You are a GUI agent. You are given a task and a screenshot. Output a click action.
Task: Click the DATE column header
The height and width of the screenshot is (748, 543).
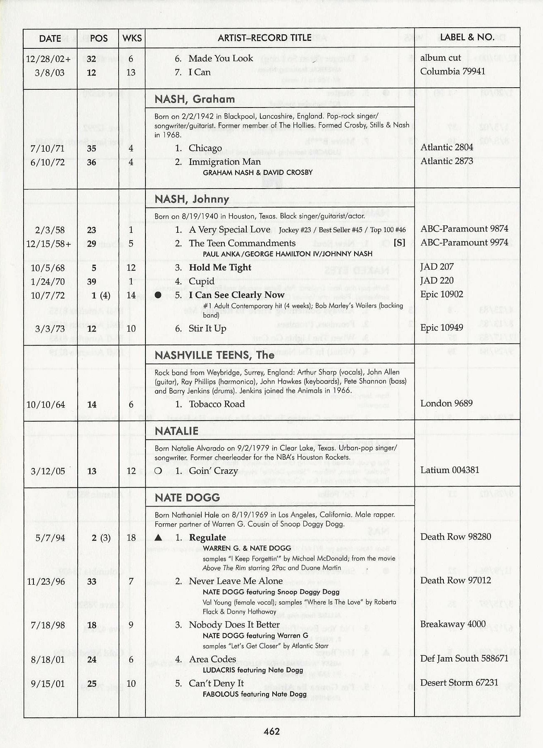50,38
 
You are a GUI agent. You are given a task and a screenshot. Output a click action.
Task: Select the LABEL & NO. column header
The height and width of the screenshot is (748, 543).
467,37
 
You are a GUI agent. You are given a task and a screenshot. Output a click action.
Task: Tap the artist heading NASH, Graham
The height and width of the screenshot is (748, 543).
195,99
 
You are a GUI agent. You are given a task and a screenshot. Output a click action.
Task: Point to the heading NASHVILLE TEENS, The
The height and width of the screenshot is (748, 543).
214,355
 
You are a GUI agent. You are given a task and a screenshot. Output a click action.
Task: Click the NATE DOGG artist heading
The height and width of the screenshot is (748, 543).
187,497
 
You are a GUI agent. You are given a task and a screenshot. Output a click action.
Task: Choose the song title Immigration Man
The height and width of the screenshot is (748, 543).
224,162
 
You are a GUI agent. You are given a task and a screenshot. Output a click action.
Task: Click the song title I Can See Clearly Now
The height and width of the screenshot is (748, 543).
236,295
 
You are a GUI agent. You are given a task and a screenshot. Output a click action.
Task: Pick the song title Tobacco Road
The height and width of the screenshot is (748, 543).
217,404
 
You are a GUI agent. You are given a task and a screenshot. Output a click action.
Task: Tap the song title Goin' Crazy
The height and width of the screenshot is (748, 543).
213,471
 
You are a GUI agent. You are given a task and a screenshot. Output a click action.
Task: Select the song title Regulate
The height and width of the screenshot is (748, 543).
207,538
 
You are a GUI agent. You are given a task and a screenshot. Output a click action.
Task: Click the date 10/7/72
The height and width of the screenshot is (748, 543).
48,295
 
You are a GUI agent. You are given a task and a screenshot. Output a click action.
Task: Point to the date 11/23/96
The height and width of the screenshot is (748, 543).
46,581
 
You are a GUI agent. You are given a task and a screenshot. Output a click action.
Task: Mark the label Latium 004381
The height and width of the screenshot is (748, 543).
450,470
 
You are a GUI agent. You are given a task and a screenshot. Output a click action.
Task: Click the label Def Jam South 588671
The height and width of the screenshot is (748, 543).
464,658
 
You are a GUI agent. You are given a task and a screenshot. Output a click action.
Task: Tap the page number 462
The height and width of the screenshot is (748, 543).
271,731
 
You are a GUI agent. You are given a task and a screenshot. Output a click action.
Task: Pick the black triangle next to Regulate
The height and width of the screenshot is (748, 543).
158,538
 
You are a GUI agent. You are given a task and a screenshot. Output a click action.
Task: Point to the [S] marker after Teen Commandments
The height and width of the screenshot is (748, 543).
399,243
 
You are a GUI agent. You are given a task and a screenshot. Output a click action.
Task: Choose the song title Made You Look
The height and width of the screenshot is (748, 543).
221,58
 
